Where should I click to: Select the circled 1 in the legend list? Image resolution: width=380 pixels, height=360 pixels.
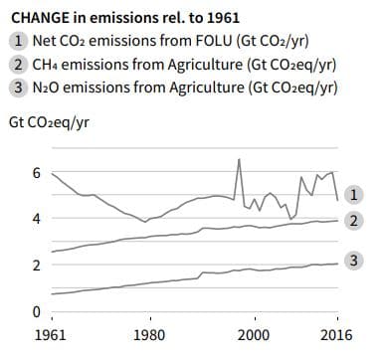[19, 41]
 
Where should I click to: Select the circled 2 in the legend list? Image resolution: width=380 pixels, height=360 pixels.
[19, 65]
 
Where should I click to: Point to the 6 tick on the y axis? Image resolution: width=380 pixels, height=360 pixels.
[37, 172]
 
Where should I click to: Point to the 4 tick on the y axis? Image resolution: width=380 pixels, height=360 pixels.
[37, 219]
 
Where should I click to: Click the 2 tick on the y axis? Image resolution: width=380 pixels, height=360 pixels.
[37, 266]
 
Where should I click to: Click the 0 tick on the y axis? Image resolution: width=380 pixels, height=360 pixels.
[37, 312]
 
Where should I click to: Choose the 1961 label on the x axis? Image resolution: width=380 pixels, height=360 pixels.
[51, 335]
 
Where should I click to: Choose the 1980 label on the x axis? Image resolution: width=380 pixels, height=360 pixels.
[149, 335]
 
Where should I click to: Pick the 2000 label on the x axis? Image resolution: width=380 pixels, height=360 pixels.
[253, 335]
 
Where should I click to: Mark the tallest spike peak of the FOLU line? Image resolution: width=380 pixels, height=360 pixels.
[239, 159]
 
